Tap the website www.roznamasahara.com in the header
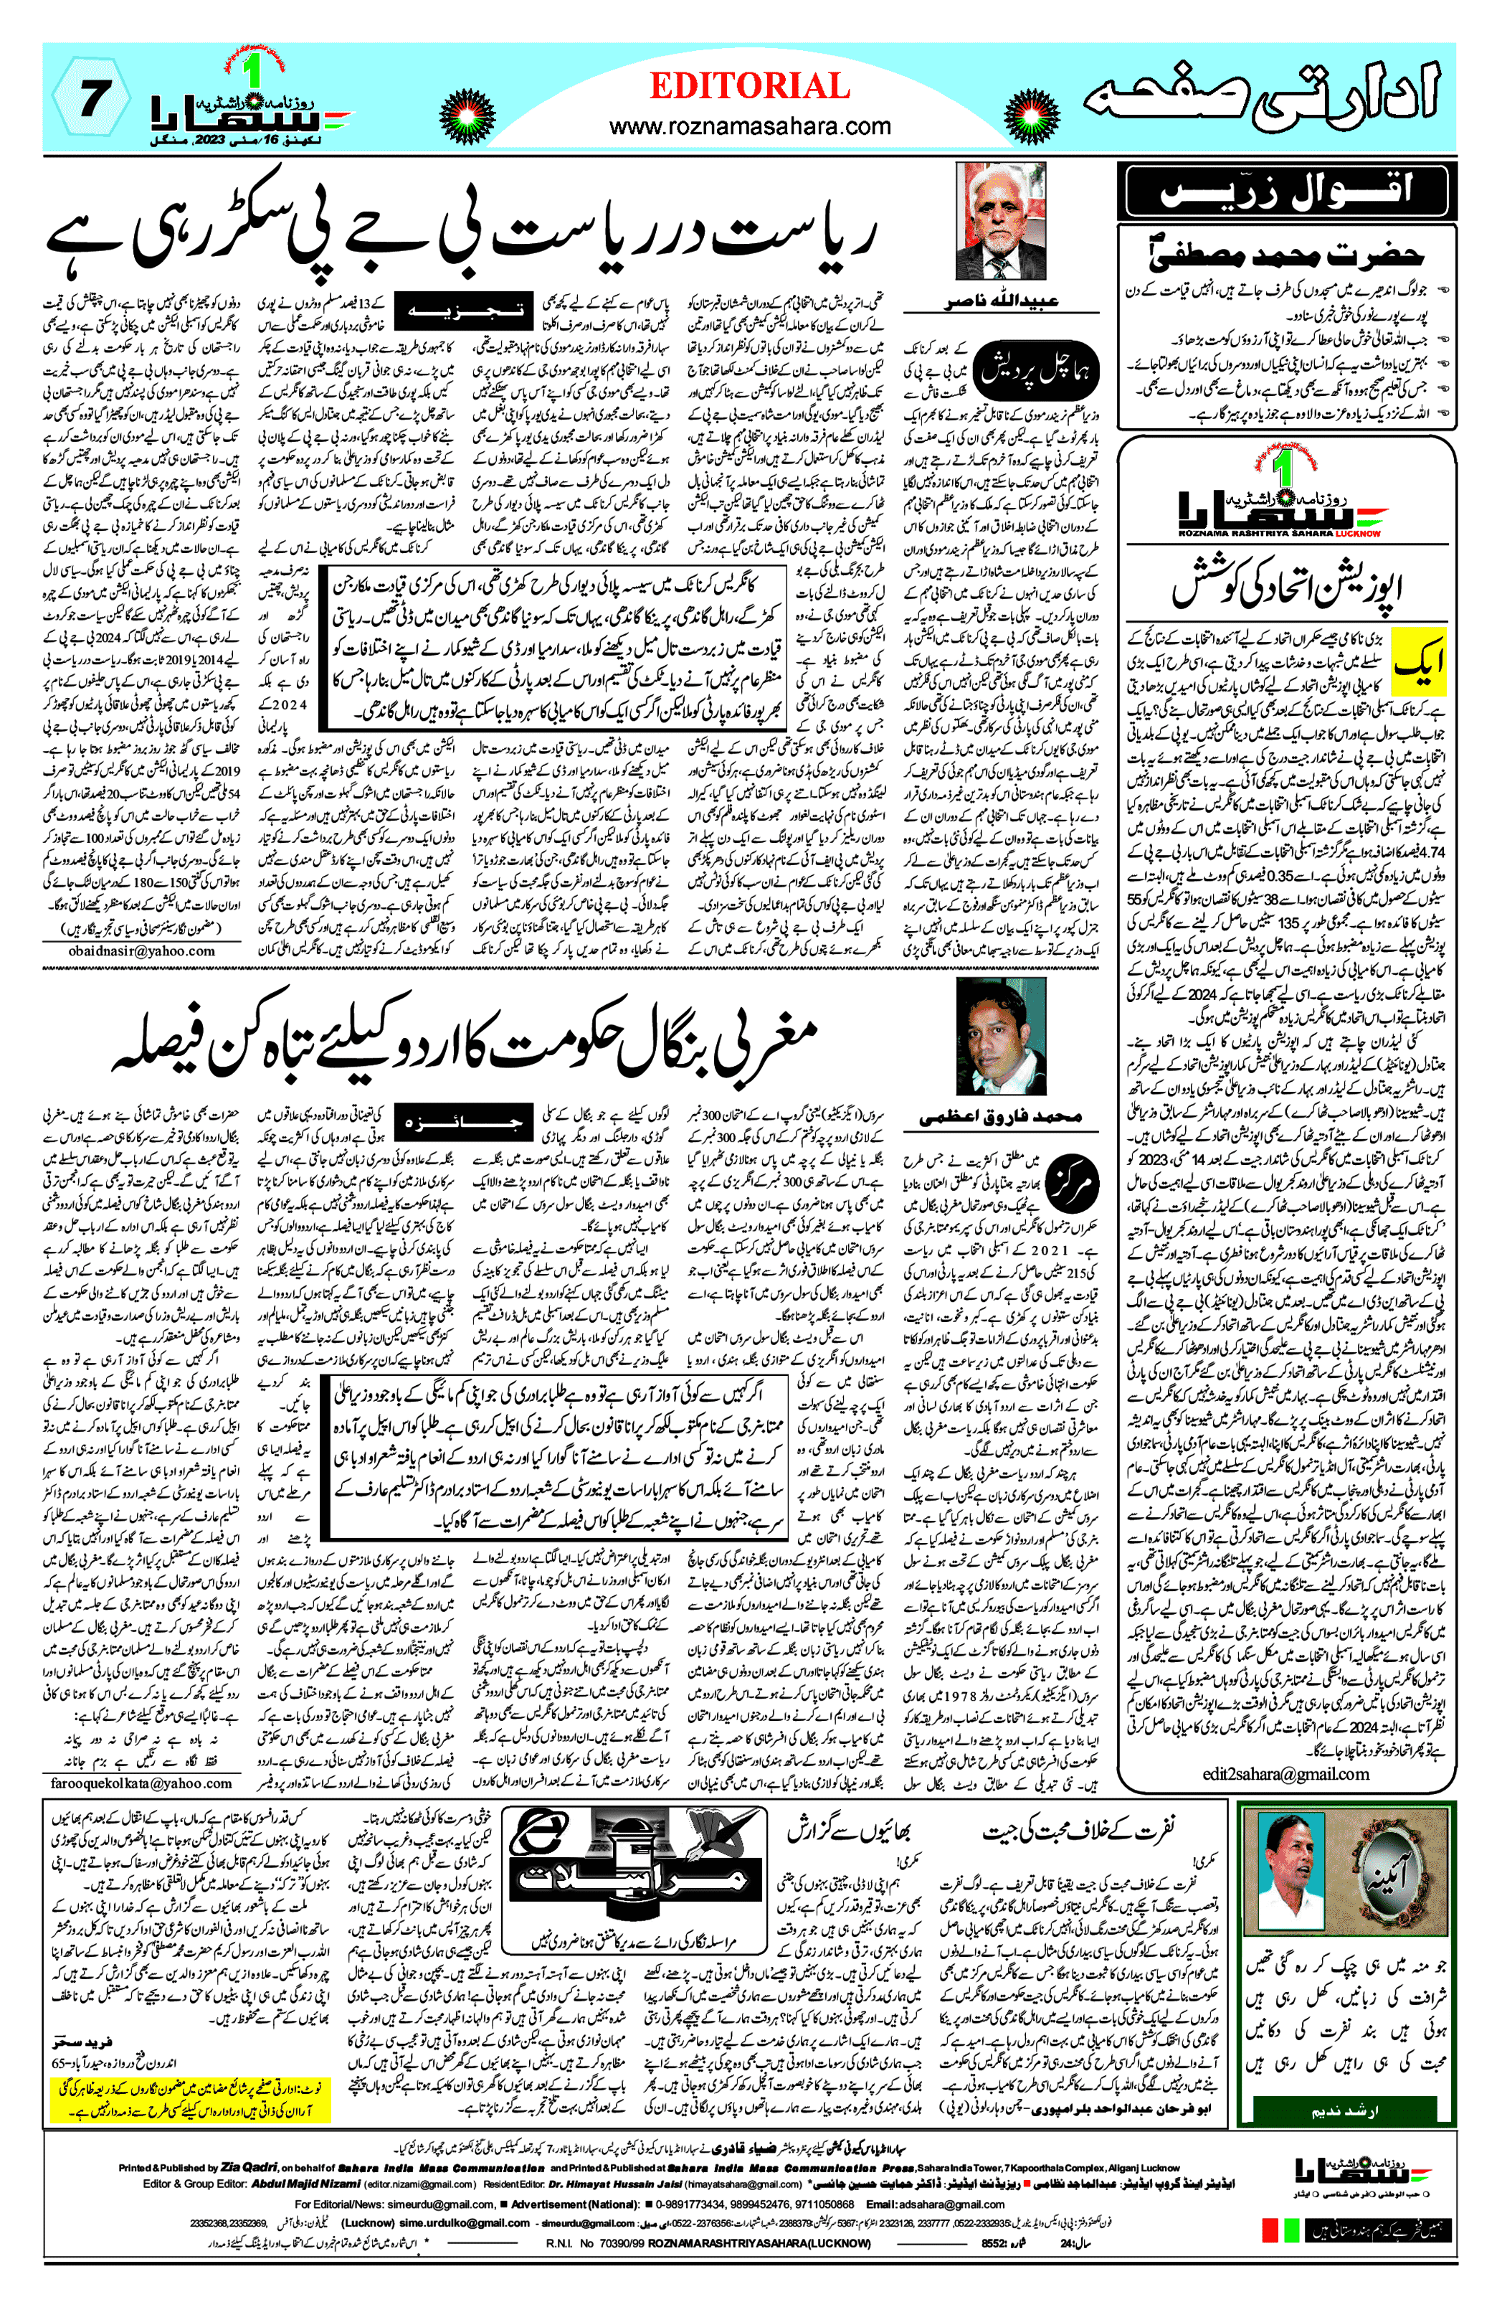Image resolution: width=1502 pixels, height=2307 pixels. (749, 126)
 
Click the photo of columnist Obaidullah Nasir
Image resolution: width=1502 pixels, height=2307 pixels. (1000, 221)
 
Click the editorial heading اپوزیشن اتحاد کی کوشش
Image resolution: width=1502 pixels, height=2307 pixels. (1287, 583)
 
